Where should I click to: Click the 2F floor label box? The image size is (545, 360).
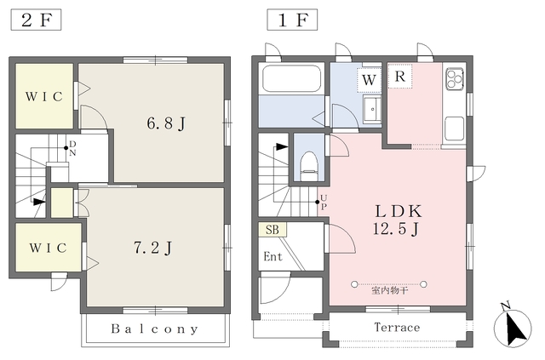(36, 20)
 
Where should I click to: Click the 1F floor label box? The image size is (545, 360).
(292, 20)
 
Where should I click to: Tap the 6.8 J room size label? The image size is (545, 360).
(166, 123)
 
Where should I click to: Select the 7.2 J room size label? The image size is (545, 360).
(153, 248)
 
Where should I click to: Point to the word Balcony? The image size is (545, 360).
(155, 329)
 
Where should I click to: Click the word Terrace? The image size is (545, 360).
(397, 327)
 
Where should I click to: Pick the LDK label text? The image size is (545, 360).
(399, 211)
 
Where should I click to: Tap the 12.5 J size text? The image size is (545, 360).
(395, 229)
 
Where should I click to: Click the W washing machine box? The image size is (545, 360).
(369, 80)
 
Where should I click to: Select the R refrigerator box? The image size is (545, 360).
(400, 76)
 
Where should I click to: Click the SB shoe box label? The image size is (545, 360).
(272, 229)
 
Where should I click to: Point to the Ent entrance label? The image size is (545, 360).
(272, 256)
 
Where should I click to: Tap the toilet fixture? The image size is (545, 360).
(309, 166)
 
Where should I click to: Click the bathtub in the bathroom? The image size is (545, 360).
(291, 78)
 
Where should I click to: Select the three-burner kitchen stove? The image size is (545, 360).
(455, 79)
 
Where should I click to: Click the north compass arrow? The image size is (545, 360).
(513, 328)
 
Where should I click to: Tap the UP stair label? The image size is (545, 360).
(324, 203)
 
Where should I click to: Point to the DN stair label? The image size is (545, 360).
(72, 148)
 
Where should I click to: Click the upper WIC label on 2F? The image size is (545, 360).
(44, 97)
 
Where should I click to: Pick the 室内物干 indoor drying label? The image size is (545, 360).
(390, 290)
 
